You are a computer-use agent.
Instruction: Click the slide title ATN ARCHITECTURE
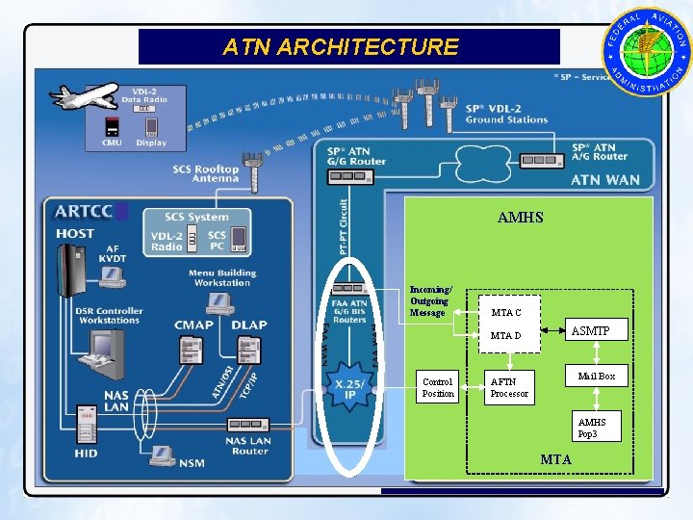[341, 46]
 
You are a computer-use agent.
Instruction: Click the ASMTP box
[595, 331]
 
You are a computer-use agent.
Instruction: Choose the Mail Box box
[596, 376]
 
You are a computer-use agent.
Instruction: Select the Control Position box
[437, 387]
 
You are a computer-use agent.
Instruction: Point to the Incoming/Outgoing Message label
[429, 301]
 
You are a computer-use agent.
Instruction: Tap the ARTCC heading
[84, 212]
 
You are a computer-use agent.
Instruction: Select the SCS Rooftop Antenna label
[205, 173]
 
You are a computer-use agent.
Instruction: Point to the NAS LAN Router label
[247, 446]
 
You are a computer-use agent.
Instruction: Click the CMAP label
[193, 325]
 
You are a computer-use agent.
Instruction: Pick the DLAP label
[250, 325]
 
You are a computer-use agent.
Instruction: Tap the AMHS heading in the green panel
[520, 218]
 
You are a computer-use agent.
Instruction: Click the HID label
[86, 454]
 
